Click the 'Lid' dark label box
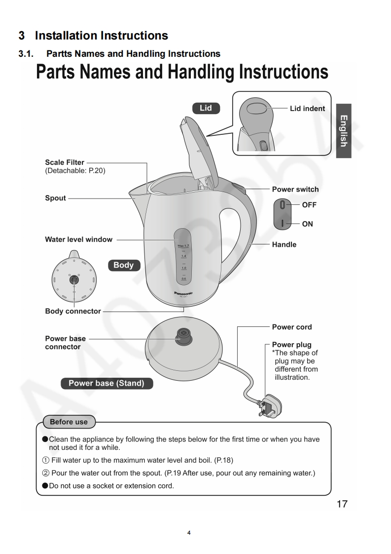[x=206, y=108]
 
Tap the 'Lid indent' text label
[x=307, y=109]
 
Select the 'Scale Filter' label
[x=65, y=162]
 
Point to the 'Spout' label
[x=55, y=198]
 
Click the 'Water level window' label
[x=78, y=239]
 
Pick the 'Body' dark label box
[x=123, y=265]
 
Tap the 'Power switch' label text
[x=295, y=189]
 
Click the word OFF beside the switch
[x=309, y=205]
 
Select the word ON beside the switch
[x=307, y=224]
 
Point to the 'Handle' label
[x=284, y=244]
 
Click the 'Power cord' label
[x=292, y=327]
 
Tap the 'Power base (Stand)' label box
[x=107, y=383]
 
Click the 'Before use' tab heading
[x=69, y=422]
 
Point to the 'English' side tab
[x=344, y=130]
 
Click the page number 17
[x=342, y=504]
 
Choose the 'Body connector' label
[x=73, y=311]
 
